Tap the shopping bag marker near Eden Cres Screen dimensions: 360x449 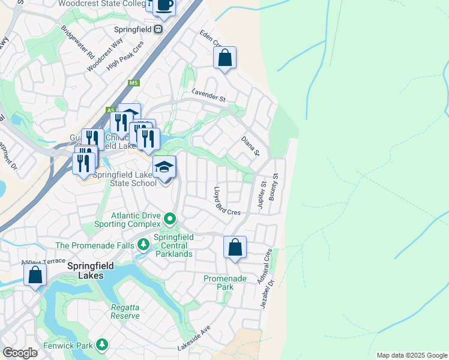point(224,58)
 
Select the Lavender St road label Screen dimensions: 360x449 point(208,95)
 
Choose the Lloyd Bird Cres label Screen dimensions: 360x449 point(227,202)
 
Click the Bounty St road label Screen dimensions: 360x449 point(275,187)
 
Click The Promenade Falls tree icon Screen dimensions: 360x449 point(143,245)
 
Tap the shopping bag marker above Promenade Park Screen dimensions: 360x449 point(235,247)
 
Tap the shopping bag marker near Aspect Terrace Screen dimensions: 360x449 point(35,275)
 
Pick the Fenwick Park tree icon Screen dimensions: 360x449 point(103,344)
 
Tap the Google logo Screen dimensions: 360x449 point(20,353)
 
